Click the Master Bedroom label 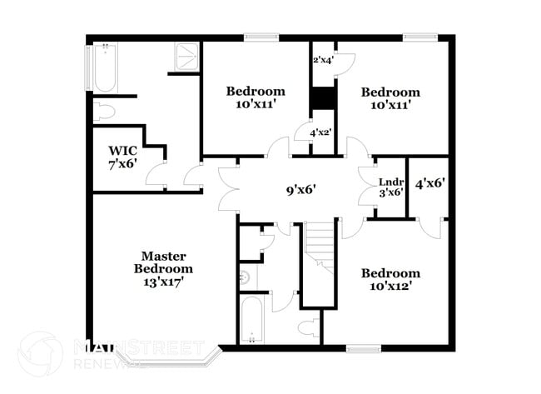pos(163,262)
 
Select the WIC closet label pos(122,151)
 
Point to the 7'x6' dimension pos(122,164)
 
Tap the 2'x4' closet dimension pos(322,60)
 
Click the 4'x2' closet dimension pos(320,132)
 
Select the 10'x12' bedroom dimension pos(391,287)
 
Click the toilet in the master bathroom pos(105,112)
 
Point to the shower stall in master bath pos(186,56)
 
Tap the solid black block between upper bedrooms pos(322,97)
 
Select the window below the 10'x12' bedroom pos(363,348)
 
